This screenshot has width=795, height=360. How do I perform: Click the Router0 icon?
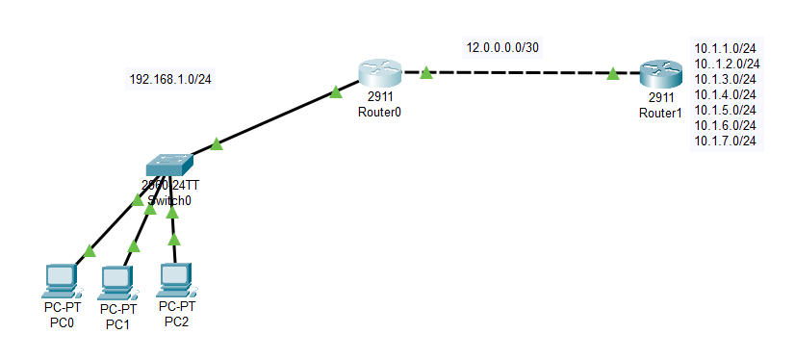[377, 73]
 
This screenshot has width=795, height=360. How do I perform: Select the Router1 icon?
[661, 74]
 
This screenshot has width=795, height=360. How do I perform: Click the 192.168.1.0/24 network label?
[170, 79]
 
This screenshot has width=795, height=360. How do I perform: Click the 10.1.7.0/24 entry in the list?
[725, 141]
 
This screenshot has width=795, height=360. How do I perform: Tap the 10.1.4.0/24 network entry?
[725, 94]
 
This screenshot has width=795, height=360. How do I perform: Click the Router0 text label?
[377, 111]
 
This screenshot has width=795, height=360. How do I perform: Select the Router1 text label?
[660, 112]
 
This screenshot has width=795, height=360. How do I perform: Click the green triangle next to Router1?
[613, 73]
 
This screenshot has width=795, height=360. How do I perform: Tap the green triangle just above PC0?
[89, 251]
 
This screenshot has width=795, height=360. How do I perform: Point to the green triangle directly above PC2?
[174, 240]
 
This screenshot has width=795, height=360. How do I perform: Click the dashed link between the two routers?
[520, 72]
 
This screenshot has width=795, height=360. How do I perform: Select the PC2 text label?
[176, 321]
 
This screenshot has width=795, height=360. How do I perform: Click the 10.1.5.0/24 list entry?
[725, 110]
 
